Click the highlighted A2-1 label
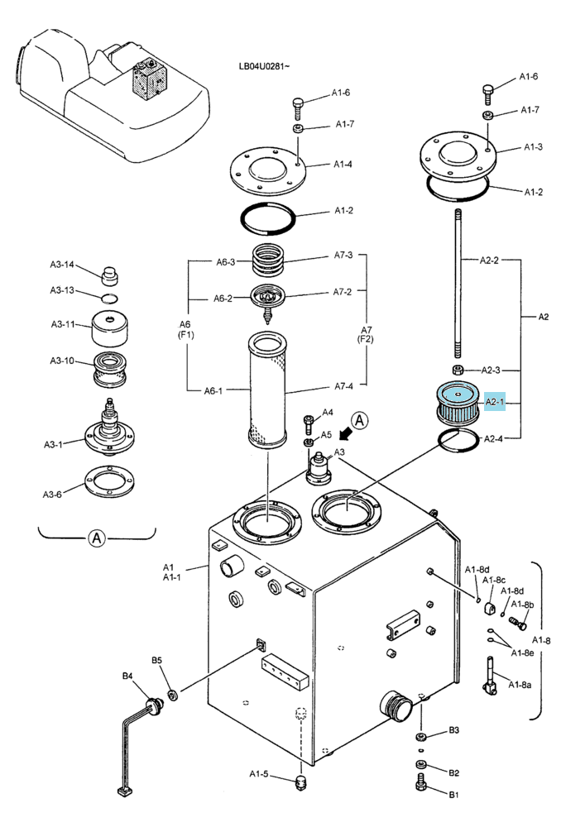(x=494, y=401)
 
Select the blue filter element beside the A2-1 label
(x=457, y=404)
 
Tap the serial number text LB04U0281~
(x=264, y=66)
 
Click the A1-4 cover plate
(x=268, y=171)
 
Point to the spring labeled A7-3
(x=270, y=260)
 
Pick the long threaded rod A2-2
(x=457, y=283)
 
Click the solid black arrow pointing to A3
(x=346, y=433)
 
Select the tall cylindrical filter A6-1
(x=267, y=390)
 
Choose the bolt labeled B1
(x=421, y=782)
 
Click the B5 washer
(x=172, y=696)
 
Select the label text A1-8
(x=541, y=640)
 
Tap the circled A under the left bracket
(x=97, y=538)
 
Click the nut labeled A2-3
(x=458, y=368)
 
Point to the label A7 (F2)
(x=366, y=334)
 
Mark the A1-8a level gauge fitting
(x=490, y=675)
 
